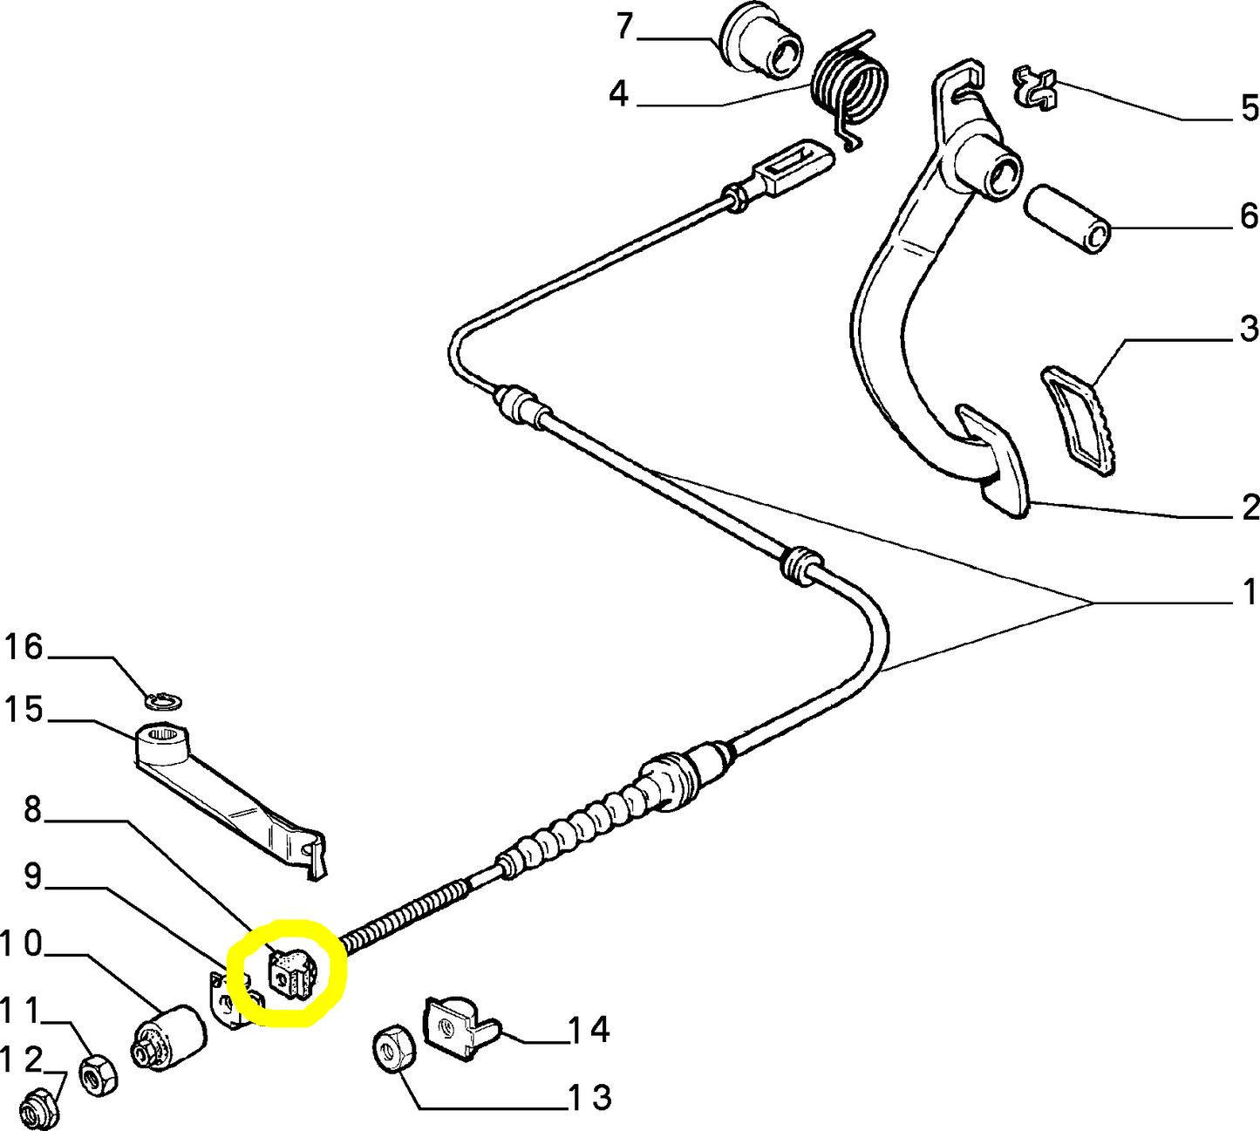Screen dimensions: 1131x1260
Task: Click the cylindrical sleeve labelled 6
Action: pyautogui.click(x=1068, y=217)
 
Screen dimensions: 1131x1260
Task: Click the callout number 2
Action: pyautogui.click(x=1250, y=508)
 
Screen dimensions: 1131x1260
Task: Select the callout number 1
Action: pyautogui.click(x=1250, y=592)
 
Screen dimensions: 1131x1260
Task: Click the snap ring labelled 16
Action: pyautogui.click(x=163, y=700)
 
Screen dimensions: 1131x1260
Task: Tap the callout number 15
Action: pyautogui.click(x=24, y=709)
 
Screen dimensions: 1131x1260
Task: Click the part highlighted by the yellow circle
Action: pyautogui.click(x=290, y=974)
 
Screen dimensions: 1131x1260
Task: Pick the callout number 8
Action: pyautogui.click(x=32, y=810)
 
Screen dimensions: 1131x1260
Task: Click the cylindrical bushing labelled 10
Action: pyautogui.click(x=170, y=1035)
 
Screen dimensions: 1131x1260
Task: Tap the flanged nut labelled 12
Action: pyautogui.click(x=33, y=1108)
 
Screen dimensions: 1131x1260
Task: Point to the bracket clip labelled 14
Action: pyautogui.click(x=457, y=1029)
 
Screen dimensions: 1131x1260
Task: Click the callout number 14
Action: pyautogui.click(x=589, y=1030)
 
